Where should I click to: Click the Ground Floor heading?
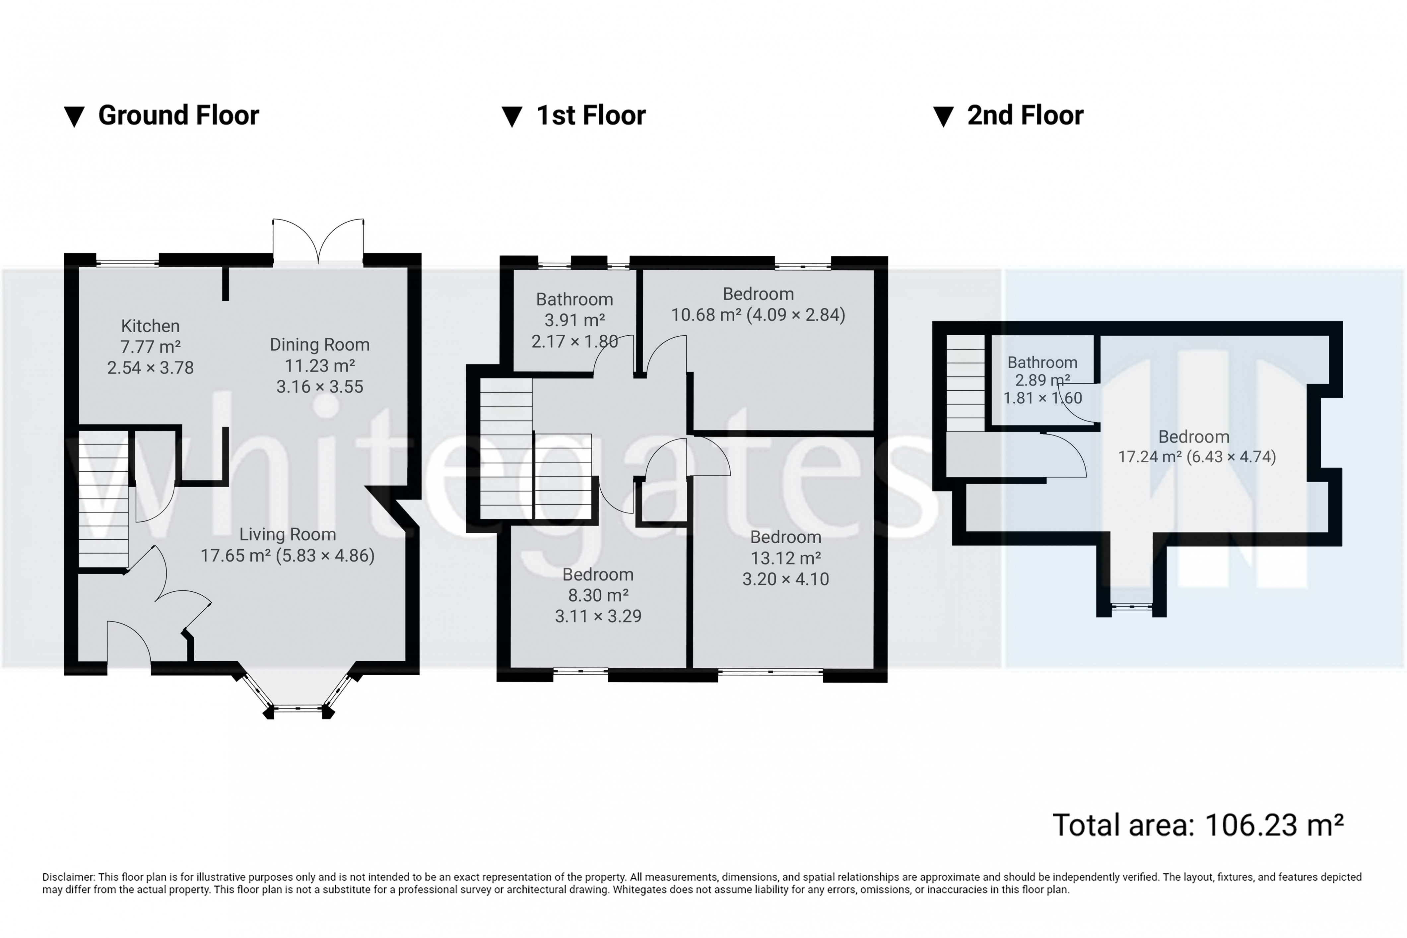click(x=178, y=115)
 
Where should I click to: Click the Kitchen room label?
click(x=150, y=326)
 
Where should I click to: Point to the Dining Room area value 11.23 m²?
click(x=319, y=366)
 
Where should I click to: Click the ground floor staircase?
click(x=103, y=500)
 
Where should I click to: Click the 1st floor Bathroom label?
click(x=574, y=299)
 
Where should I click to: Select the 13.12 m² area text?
click(x=785, y=558)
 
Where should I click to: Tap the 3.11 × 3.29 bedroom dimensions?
click(x=598, y=616)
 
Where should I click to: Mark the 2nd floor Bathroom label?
click(x=1042, y=363)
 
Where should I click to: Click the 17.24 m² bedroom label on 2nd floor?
click(x=1193, y=437)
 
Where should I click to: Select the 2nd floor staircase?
click(x=965, y=383)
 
